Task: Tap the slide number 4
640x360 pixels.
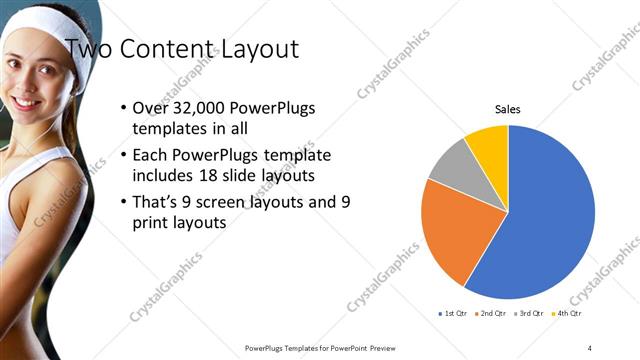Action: [589, 347]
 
